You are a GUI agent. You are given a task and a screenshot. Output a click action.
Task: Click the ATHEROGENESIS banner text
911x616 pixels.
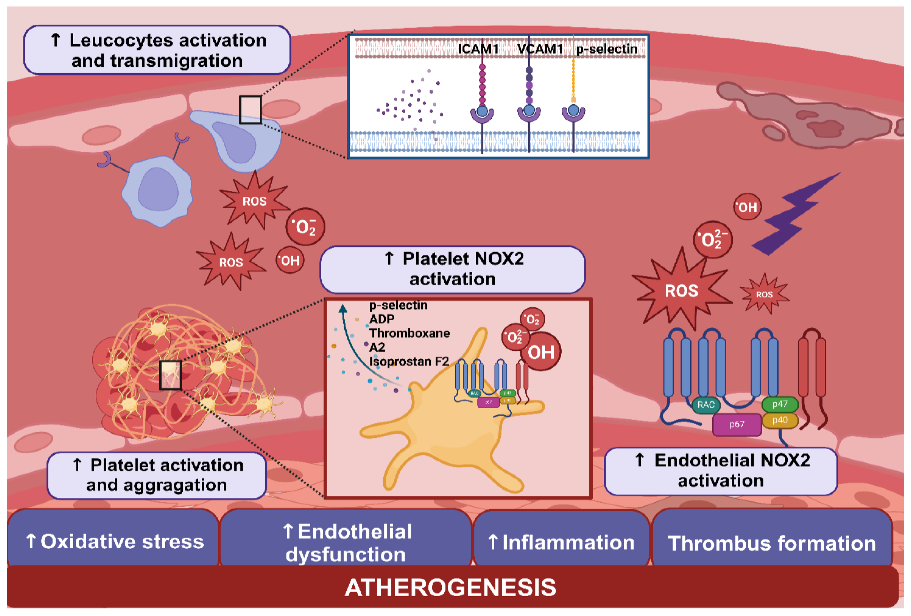(451, 587)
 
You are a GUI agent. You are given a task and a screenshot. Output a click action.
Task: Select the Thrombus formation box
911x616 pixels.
(771, 543)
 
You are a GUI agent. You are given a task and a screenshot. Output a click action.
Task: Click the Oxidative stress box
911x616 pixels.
(114, 541)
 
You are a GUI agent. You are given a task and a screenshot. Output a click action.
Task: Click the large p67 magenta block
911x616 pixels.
(737, 424)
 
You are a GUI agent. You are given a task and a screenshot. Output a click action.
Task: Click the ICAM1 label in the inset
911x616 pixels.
(478, 49)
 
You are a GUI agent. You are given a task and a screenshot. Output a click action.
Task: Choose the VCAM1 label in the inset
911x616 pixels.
(540, 49)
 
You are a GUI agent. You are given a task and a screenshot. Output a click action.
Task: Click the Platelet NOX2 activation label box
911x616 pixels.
(453, 269)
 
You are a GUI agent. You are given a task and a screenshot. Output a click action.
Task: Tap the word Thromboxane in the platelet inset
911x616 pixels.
(409, 333)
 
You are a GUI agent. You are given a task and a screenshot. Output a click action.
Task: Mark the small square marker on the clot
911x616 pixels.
(170, 375)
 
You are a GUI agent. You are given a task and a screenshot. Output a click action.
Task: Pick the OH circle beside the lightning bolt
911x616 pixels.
(747, 207)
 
